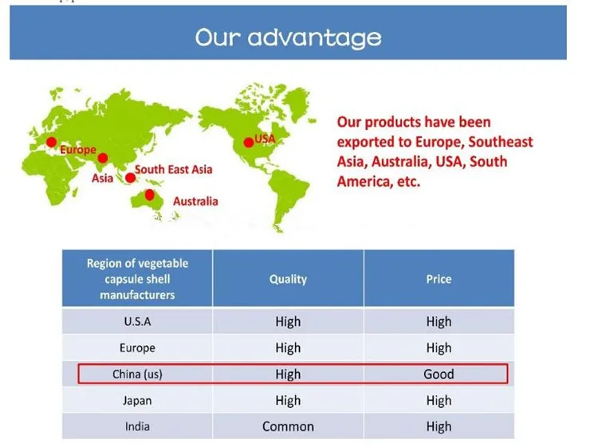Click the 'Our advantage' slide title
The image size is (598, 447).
point(289,37)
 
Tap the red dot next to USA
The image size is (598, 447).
point(249,143)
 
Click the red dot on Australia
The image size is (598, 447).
point(150,194)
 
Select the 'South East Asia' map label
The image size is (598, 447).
point(174,169)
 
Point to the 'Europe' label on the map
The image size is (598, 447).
point(78,150)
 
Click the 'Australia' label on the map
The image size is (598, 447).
point(195,202)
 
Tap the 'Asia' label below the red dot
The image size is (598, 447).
point(102,178)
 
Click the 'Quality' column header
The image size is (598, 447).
point(288,280)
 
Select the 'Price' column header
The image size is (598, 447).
point(439,279)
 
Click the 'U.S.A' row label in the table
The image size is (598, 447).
point(137,322)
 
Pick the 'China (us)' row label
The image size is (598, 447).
point(137,374)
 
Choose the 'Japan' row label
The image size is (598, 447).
point(137,401)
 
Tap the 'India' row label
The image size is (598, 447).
point(137,426)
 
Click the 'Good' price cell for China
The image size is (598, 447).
point(439,374)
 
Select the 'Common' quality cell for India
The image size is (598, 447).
point(288,426)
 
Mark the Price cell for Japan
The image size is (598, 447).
point(439,401)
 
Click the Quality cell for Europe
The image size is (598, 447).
point(288,348)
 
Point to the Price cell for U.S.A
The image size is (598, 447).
point(439,322)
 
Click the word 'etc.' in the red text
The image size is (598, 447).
point(408,182)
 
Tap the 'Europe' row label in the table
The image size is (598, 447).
point(137,348)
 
